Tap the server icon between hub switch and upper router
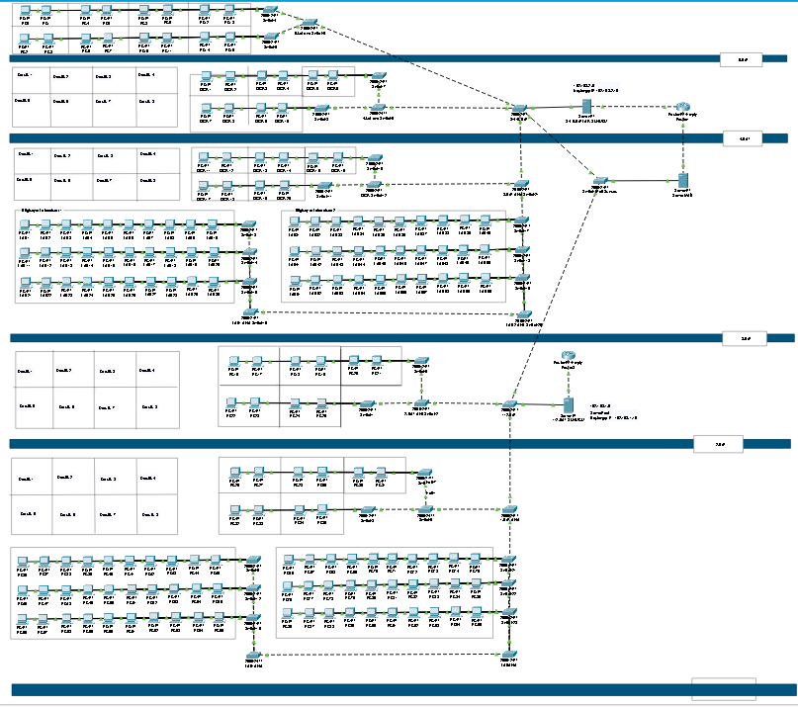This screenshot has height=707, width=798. coord(586,106)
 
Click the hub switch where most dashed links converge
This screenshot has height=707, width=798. coord(518,107)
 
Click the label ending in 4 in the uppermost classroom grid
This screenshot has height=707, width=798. coord(146,75)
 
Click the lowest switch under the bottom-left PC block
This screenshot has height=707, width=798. coord(253,656)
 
